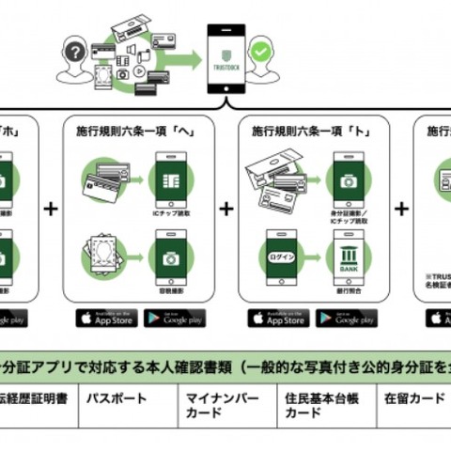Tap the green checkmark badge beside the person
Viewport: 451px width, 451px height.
coord(261,50)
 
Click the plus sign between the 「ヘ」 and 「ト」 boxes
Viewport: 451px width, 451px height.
coord(226,209)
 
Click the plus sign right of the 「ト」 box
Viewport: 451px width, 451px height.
coord(401,209)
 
